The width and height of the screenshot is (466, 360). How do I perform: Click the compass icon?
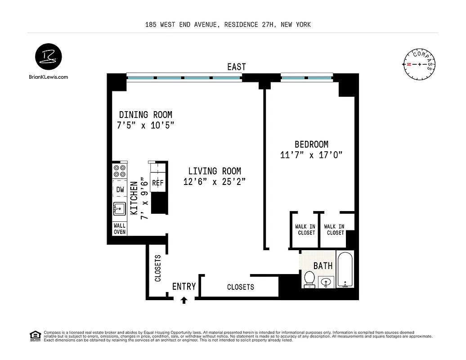click(x=419, y=64)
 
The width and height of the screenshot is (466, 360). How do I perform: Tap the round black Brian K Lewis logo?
click(x=48, y=58)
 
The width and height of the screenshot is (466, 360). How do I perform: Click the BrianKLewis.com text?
click(x=48, y=77)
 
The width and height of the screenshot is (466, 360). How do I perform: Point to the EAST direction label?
click(x=236, y=67)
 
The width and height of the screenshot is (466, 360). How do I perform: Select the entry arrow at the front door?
click(x=184, y=300)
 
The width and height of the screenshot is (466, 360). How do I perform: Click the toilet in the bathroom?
click(x=309, y=279)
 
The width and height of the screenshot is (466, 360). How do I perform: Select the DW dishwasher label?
click(x=120, y=190)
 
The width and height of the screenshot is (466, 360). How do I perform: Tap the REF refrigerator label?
click(x=157, y=183)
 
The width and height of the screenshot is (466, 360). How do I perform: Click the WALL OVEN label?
click(x=120, y=229)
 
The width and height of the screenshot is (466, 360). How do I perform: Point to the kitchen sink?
click(x=120, y=208)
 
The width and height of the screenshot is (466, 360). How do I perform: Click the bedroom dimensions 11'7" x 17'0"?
click(x=311, y=155)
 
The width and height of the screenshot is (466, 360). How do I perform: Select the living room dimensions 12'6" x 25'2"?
click(x=215, y=182)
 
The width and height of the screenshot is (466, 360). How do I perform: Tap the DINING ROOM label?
click(x=145, y=115)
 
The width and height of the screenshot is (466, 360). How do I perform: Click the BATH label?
click(x=323, y=266)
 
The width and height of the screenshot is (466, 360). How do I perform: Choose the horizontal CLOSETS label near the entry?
click(x=240, y=287)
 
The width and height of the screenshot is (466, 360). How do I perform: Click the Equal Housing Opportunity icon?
click(x=34, y=336)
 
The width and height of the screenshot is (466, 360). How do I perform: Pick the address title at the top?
click(x=228, y=25)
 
